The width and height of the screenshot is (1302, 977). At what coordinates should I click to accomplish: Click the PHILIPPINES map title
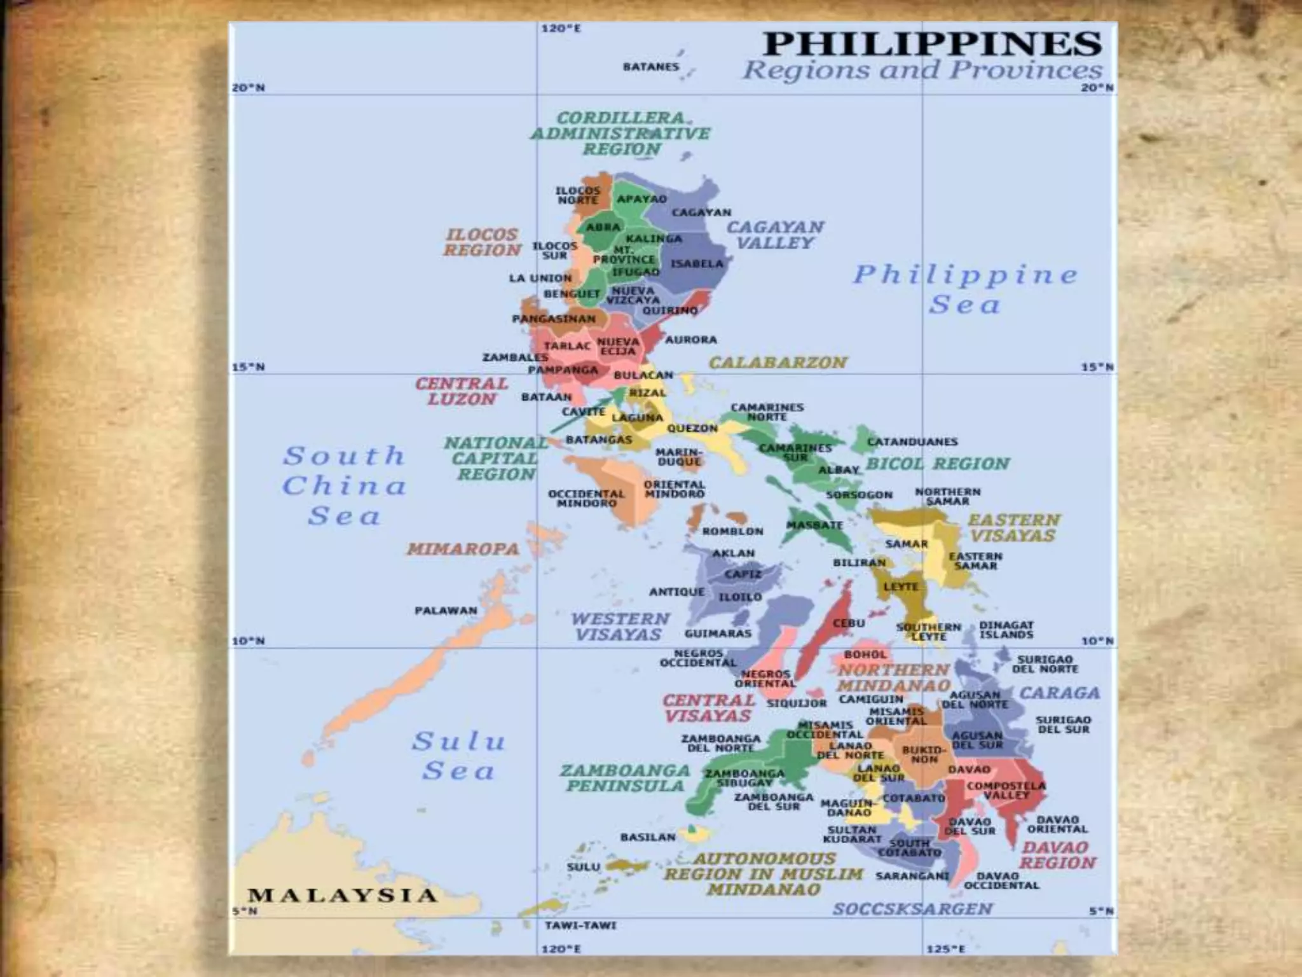932,43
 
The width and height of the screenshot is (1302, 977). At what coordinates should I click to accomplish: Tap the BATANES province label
650,66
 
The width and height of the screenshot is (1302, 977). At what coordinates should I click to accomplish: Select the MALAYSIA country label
342,895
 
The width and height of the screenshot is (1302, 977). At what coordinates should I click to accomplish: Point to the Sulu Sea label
458,756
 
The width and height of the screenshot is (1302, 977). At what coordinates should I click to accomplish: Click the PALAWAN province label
446,611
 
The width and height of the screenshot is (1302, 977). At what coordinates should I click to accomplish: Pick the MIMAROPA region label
463,548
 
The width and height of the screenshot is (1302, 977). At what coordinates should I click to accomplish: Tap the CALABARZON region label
778,363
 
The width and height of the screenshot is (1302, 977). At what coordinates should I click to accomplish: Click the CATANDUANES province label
912,441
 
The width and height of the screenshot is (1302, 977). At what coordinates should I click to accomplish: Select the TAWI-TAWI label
580,925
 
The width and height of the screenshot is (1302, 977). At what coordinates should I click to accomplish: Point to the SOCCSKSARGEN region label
912,908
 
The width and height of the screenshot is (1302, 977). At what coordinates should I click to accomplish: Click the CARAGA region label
1059,693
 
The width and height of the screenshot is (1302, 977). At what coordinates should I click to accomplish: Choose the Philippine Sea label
965,289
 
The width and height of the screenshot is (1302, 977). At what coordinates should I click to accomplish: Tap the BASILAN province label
648,837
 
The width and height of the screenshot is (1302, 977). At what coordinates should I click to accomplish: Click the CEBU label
849,623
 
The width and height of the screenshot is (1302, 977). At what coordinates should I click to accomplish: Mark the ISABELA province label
697,263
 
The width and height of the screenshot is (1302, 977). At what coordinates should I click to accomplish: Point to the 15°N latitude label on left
248,368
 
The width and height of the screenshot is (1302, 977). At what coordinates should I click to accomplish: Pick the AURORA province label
691,340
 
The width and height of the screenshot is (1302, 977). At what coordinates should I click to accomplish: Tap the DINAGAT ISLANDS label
1006,630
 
